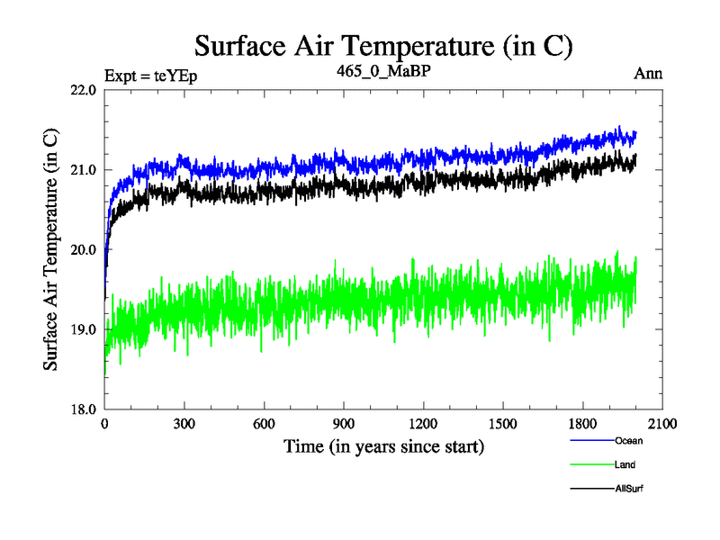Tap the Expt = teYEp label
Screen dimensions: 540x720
pyautogui.click(x=150, y=75)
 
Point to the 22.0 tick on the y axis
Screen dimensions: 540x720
pyautogui.click(x=81, y=90)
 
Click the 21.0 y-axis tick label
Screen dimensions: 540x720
pyautogui.click(x=81, y=170)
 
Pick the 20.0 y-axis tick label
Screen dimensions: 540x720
pyautogui.click(x=81, y=249)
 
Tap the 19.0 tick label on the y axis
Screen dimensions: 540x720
pyautogui.click(x=81, y=329)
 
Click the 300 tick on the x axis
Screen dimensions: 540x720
pyautogui.click(x=184, y=424)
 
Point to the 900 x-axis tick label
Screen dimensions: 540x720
pyautogui.click(x=344, y=424)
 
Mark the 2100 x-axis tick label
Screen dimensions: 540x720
pyautogui.click(x=661, y=424)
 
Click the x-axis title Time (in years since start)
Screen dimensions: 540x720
pyautogui.click(x=383, y=446)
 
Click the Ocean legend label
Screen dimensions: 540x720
pyautogui.click(x=629, y=441)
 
